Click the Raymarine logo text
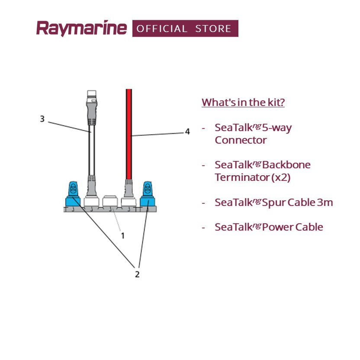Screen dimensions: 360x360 [x=81, y=29]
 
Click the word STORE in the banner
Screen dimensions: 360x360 [x=213, y=29]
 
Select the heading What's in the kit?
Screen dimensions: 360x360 [x=243, y=103]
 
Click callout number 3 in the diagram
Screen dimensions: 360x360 [x=42, y=119]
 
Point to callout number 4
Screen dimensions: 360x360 [x=187, y=132]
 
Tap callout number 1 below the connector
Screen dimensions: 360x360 [x=122, y=235]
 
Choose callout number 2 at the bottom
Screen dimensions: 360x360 [x=137, y=274]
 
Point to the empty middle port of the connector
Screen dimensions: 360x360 [x=110, y=202]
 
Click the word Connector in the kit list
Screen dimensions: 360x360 [x=241, y=141]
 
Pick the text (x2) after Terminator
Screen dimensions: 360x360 [x=281, y=177]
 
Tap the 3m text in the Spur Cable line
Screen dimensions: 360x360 [x=325, y=202]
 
